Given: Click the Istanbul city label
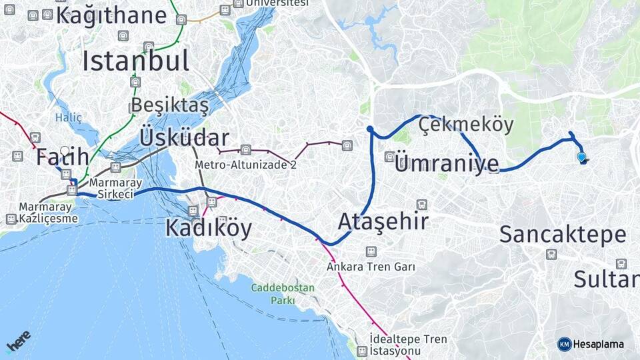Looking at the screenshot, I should (x=135, y=61).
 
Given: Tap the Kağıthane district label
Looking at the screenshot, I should (x=111, y=15).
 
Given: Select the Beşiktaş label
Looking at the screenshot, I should (x=169, y=105).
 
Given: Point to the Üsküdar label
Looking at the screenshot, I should (x=184, y=138).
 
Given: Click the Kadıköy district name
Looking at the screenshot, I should (x=208, y=229).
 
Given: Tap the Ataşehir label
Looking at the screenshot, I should (x=383, y=221).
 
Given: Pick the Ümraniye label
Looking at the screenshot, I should (x=446, y=163).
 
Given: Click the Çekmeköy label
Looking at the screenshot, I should (x=467, y=125).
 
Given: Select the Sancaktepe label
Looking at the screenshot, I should (x=563, y=234).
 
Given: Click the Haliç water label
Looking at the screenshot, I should (x=68, y=118).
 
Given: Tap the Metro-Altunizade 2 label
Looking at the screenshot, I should (x=245, y=165).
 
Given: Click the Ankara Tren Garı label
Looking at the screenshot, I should (x=371, y=267).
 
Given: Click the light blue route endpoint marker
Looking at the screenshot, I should (x=581, y=157).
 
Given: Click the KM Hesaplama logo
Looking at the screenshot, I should (x=591, y=344).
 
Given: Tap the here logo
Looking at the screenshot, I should (x=18, y=342).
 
